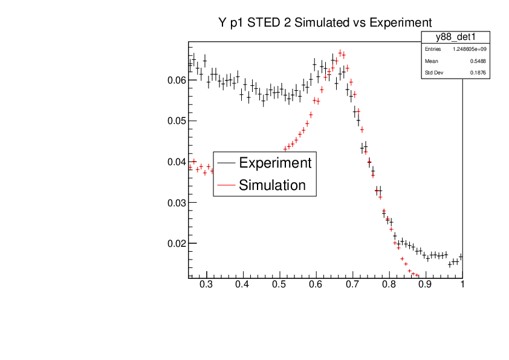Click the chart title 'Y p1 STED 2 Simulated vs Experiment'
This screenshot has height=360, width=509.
point(325,22)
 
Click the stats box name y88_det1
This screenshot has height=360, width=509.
point(455,38)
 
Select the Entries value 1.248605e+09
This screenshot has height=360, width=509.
point(469,49)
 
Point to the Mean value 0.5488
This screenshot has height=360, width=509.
point(478,61)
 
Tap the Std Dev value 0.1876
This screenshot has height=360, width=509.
point(478,73)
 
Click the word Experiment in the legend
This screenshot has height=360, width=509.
point(275,163)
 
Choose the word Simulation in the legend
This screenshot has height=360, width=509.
point(272,185)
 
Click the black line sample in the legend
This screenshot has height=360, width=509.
point(226,163)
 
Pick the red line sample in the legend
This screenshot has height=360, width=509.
point(226,185)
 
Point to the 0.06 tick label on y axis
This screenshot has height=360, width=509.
point(176,80)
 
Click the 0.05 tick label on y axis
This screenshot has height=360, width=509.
point(176,121)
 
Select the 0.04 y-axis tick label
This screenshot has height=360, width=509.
point(176,162)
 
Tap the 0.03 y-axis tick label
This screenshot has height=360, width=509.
point(176,203)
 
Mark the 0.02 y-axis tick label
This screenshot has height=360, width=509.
point(176,244)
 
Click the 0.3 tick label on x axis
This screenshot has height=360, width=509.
point(207,284)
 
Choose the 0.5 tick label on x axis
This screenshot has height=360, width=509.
point(279,284)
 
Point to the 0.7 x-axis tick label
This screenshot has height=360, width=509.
point(352,284)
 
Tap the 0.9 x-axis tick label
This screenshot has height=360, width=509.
point(425,284)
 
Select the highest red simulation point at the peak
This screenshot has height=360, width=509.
point(340,53)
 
